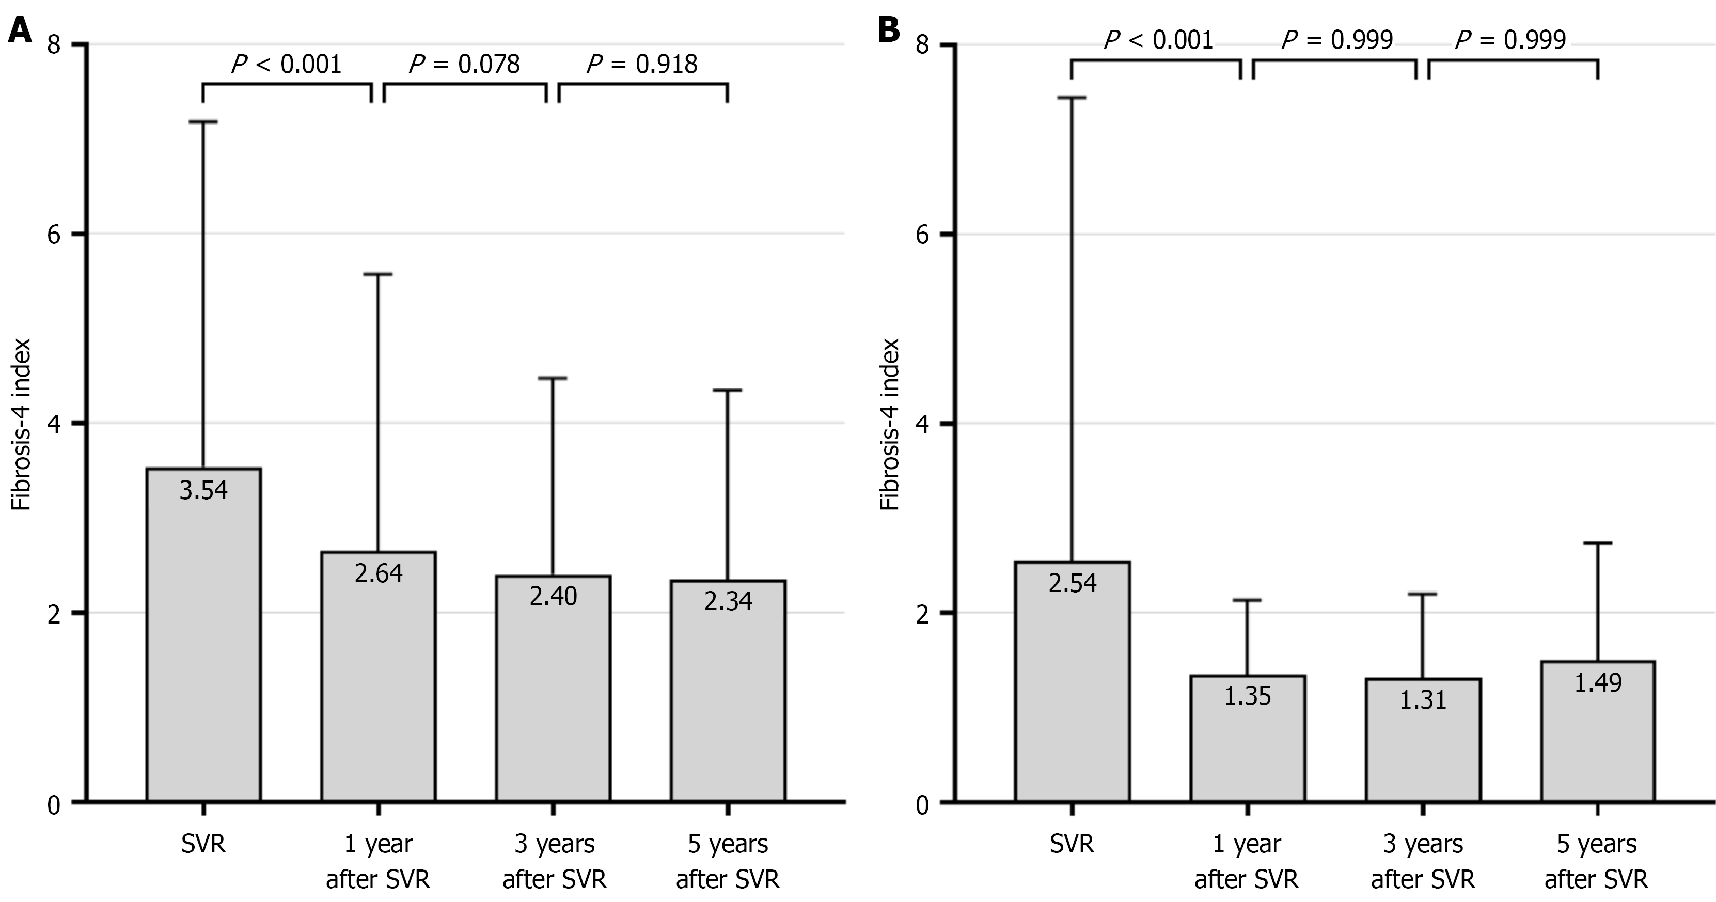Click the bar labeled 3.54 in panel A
[203, 640]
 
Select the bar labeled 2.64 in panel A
[379, 679]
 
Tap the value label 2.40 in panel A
[553, 596]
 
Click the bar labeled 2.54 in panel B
[1072, 686]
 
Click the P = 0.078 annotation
[464, 65]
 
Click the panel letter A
[20, 30]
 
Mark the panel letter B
[889, 30]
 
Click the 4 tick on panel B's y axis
[923, 424]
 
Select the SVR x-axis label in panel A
[203, 845]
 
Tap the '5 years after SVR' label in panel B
[1597, 861]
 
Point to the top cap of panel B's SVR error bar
[1072, 98]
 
